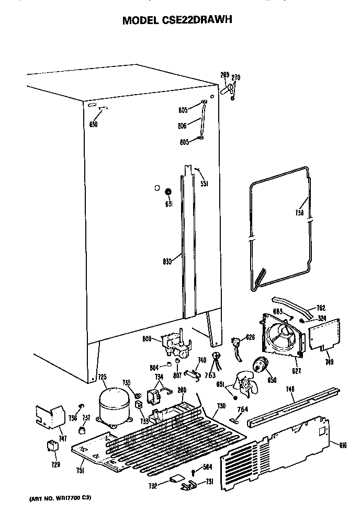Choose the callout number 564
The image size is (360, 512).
(x=207, y=468)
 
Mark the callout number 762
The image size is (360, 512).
(x=321, y=308)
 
